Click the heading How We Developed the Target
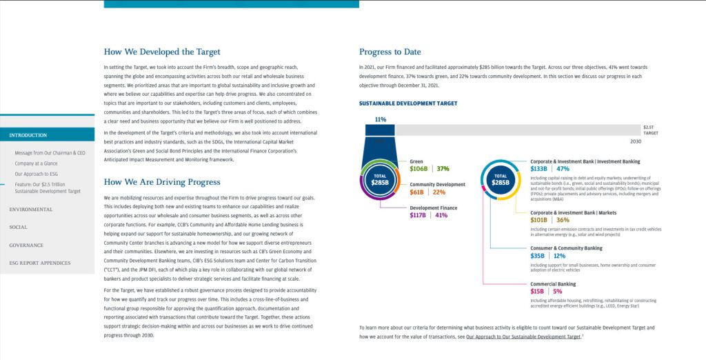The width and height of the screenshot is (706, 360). tap(162, 52)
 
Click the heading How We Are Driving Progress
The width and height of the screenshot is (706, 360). tap(162, 182)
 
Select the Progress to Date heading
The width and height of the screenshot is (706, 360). tap(390, 52)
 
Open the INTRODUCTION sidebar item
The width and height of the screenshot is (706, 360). tap(28, 135)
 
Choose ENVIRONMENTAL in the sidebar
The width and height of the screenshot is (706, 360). tap(30, 209)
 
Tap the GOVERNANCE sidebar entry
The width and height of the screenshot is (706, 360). tap(26, 245)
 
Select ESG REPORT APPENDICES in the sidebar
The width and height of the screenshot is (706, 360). tap(39, 263)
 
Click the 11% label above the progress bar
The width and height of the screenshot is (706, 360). tap(380, 119)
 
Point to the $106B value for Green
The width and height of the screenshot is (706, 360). tap(419, 169)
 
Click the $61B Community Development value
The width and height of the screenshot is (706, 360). tap(416, 192)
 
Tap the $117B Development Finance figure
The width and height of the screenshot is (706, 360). tap(419, 215)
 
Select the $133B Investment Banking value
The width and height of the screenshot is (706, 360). tap(539, 169)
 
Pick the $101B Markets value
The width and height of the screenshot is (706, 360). tap(539, 220)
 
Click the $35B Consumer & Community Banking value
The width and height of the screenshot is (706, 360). tap(538, 256)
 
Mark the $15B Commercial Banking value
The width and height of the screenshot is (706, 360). tap(538, 292)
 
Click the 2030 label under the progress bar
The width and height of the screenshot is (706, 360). tap(635, 141)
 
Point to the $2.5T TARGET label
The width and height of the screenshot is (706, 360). tap(650, 130)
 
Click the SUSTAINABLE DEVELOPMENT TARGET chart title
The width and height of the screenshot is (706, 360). tap(407, 103)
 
